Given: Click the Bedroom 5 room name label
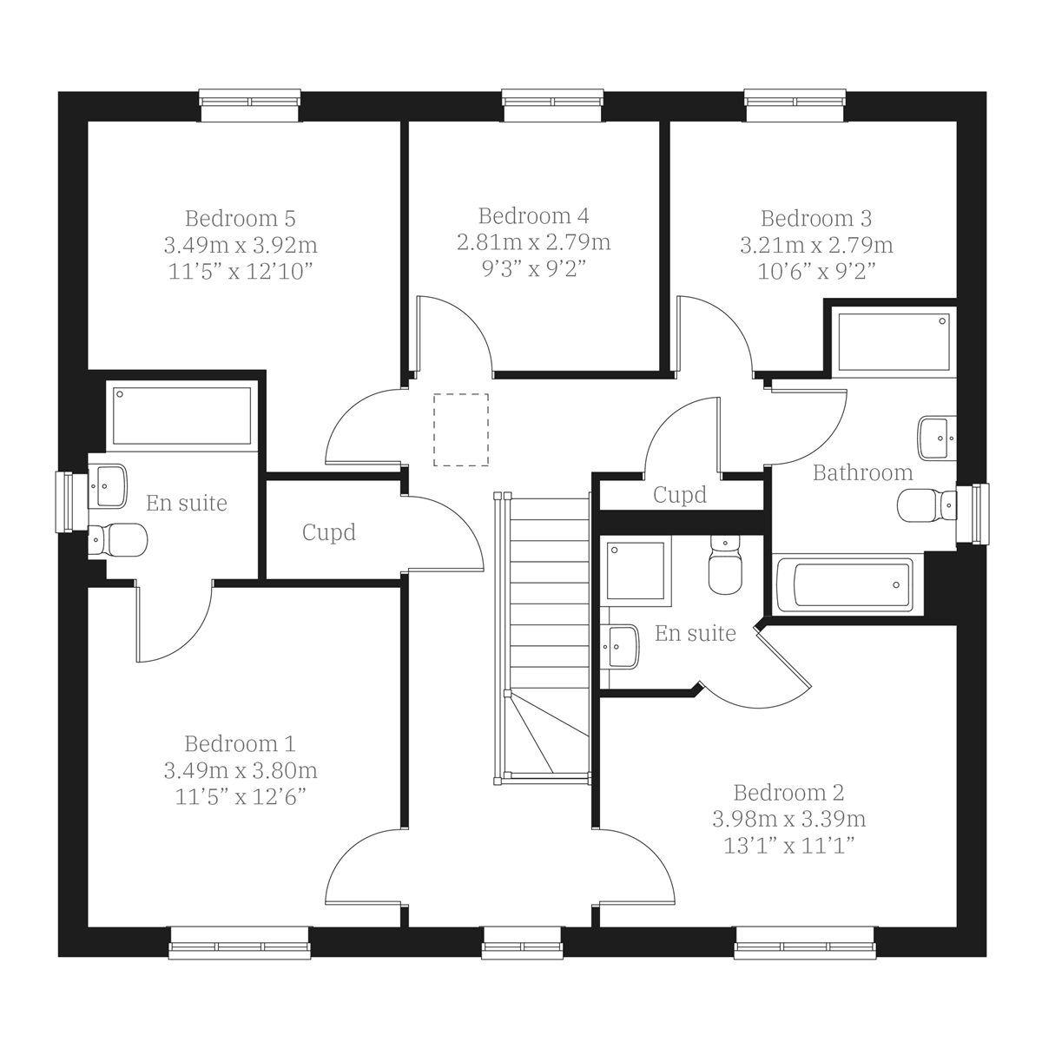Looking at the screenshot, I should [240, 217].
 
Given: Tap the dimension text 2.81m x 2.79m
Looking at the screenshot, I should [533, 241].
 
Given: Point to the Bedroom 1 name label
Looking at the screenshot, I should [240, 743].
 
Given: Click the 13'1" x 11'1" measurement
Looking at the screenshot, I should [788, 846].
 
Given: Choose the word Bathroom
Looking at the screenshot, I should [862, 472].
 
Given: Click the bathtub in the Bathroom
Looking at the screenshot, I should [843, 584].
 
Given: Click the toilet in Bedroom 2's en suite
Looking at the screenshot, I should [725, 565].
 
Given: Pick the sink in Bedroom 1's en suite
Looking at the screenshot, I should [109, 485].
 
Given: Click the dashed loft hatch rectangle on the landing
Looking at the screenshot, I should [461, 429].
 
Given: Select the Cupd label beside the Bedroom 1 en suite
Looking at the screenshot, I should [329, 531].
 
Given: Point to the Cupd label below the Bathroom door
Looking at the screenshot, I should [680, 495].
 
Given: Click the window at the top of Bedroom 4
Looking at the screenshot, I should [553, 104].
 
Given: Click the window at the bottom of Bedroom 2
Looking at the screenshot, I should [803, 942].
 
